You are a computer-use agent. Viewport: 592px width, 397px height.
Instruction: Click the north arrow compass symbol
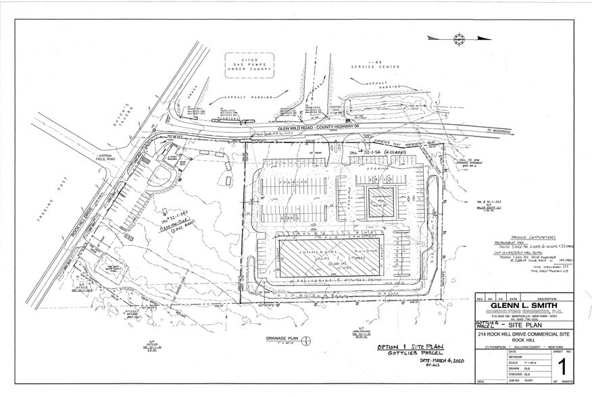(458, 38)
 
